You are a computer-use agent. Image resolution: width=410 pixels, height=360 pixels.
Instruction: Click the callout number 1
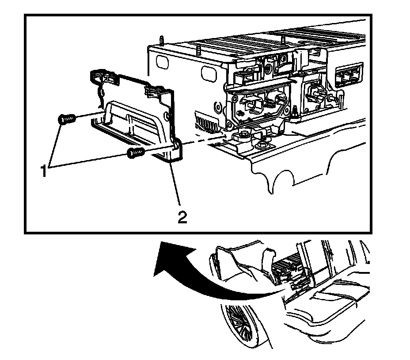coord(44,170)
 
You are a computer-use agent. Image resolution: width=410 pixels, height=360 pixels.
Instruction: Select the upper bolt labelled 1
coord(66,119)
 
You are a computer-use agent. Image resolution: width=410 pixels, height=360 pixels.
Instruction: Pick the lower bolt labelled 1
coord(136,153)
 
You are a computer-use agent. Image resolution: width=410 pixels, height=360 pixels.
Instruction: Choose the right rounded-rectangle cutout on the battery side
coord(209,73)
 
